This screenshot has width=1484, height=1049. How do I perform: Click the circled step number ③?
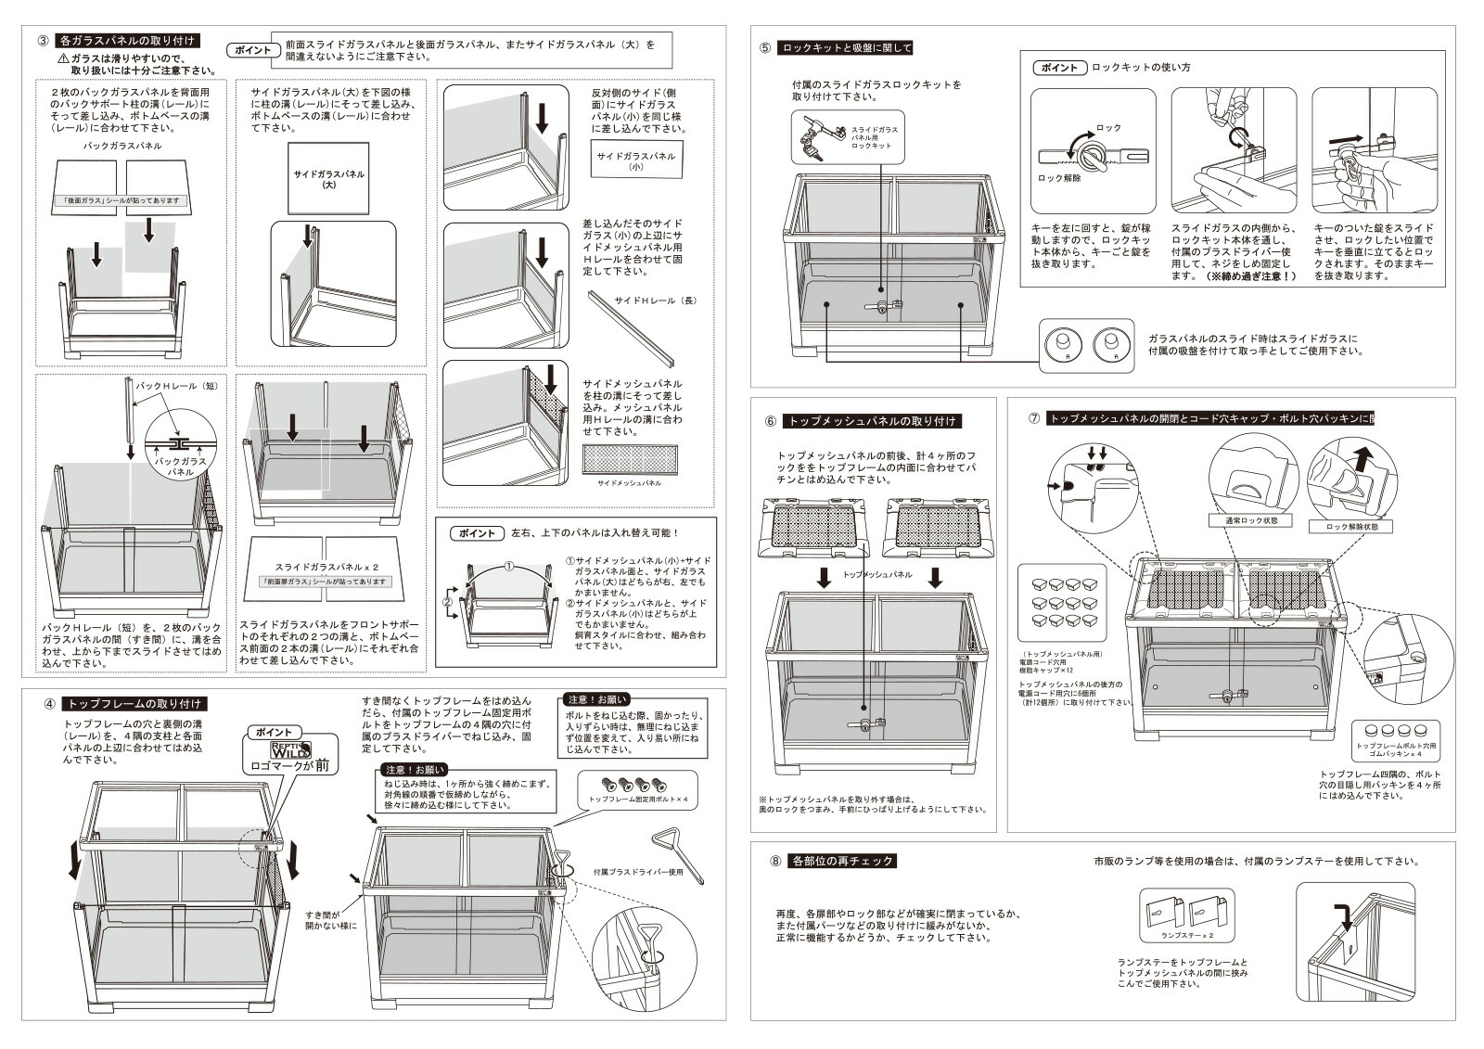(43, 41)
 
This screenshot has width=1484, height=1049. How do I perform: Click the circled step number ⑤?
(764, 48)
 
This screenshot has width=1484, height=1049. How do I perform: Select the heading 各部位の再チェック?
(842, 861)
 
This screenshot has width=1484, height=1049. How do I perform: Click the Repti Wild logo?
(289, 749)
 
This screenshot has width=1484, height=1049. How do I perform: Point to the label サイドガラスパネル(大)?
(328, 180)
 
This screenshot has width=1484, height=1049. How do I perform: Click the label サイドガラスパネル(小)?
(636, 161)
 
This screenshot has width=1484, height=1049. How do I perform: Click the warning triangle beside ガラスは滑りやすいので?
(61, 58)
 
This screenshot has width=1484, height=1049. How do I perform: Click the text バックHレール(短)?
(176, 384)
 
